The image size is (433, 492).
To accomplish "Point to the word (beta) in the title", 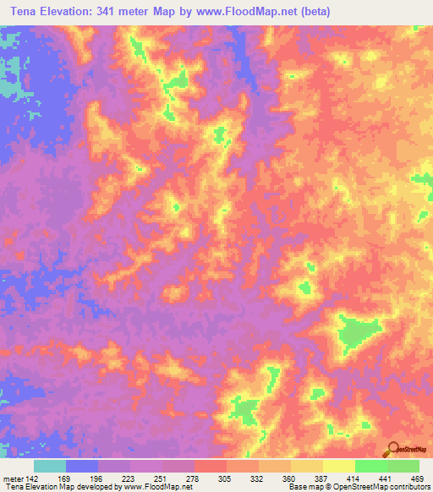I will tap(314, 12).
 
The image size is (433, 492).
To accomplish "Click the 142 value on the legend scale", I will tap(34, 478).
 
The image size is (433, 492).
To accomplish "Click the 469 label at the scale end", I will tap(415, 478).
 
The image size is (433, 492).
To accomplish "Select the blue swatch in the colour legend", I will tap(81, 466).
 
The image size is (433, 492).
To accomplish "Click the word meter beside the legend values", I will tap(12, 478).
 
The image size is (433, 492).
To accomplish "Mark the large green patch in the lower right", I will tap(355, 333).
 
